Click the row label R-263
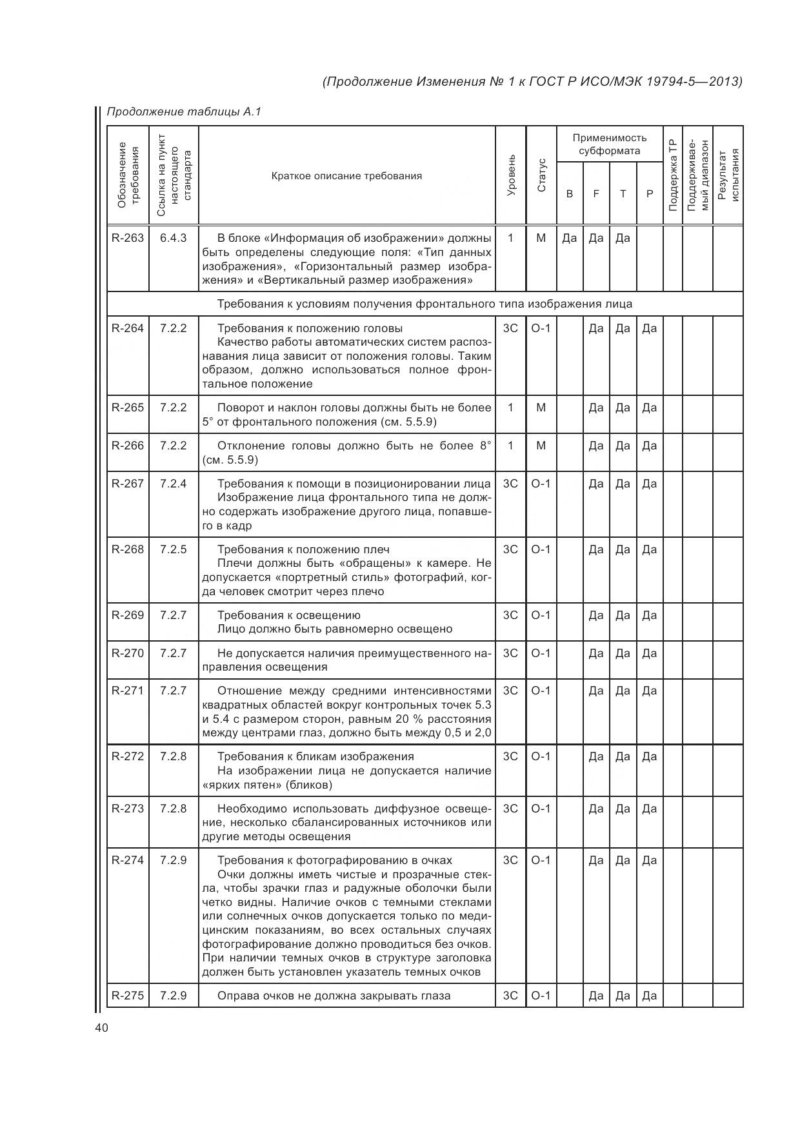pyautogui.click(x=128, y=238)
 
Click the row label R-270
pyautogui.click(x=128, y=653)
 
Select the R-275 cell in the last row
pyautogui.click(x=128, y=996)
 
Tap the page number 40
pyautogui.click(x=101, y=1028)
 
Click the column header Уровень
pyautogui.click(x=511, y=175)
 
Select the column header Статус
pyautogui.click(x=541, y=175)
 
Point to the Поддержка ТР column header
pyautogui.click(x=672, y=175)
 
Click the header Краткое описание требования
pyautogui.click(x=346, y=175)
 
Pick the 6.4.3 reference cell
pyautogui.click(x=174, y=238)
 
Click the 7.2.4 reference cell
pyautogui.click(x=174, y=484)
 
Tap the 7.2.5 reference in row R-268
pyautogui.click(x=174, y=549)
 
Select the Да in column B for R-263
pyautogui.click(x=569, y=238)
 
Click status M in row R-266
pyautogui.click(x=541, y=446)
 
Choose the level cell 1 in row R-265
pyautogui.click(x=510, y=408)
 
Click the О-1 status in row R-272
pyautogui.click(x=541, y=756)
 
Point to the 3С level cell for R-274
pyautogui.click(x=510, y=860)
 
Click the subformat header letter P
pyautogui.click(x=650, y=193)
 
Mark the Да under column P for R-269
pyautogui.click(x=650, y=615)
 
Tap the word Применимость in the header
pyautogui.click(x=609, y=137)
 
